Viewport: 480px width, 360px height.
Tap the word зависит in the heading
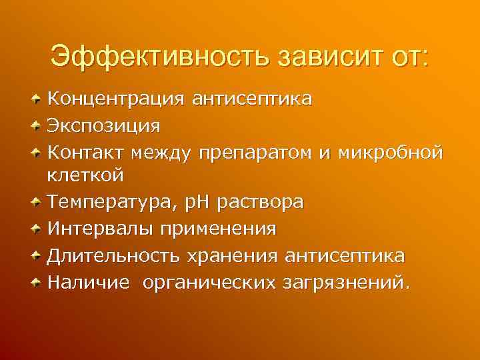(x=323, y=55)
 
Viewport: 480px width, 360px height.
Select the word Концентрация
(x=115, y=99)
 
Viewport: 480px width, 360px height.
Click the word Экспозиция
(x=103, y=125)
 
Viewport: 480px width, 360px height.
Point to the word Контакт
(x=85, y=151)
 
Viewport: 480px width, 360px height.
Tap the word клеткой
(x=85, y=176)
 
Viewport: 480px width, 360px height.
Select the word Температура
(x=107, y=202)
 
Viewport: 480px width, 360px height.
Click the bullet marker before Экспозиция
(x=37, y=125)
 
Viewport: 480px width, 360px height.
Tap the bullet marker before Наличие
(x=37, y=282)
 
